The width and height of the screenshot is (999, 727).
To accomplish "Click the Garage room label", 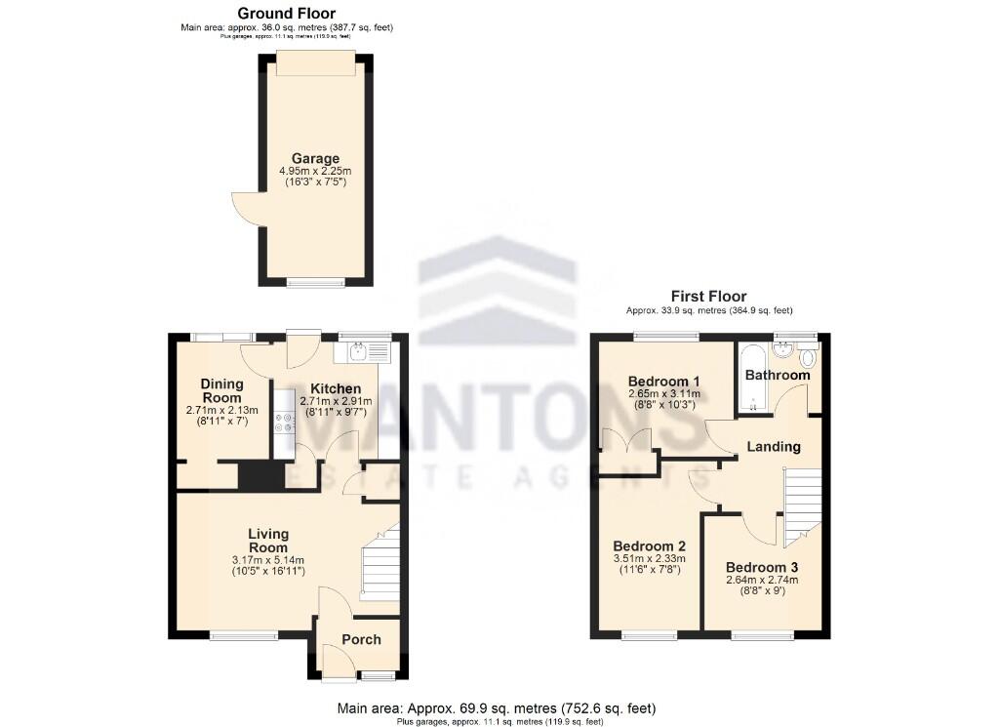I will (315, 158).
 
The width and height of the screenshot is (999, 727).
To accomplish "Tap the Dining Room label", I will (221, 390).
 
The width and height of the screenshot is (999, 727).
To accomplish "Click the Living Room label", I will (267, 541).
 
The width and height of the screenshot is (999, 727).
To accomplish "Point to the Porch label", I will (361, 639).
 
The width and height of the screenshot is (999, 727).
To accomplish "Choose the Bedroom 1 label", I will (663, 381).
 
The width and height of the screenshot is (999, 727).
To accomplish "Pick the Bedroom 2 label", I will (649, 545).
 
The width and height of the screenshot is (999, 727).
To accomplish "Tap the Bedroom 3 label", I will (761, 567).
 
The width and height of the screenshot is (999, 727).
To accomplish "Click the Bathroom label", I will (778, 375).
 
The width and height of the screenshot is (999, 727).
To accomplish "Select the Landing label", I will (774, 447).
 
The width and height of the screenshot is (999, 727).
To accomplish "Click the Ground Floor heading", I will (287, 13).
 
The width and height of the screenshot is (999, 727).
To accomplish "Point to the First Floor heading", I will (708, 296).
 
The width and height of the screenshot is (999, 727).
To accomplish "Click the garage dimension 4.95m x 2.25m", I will (315, 171).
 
